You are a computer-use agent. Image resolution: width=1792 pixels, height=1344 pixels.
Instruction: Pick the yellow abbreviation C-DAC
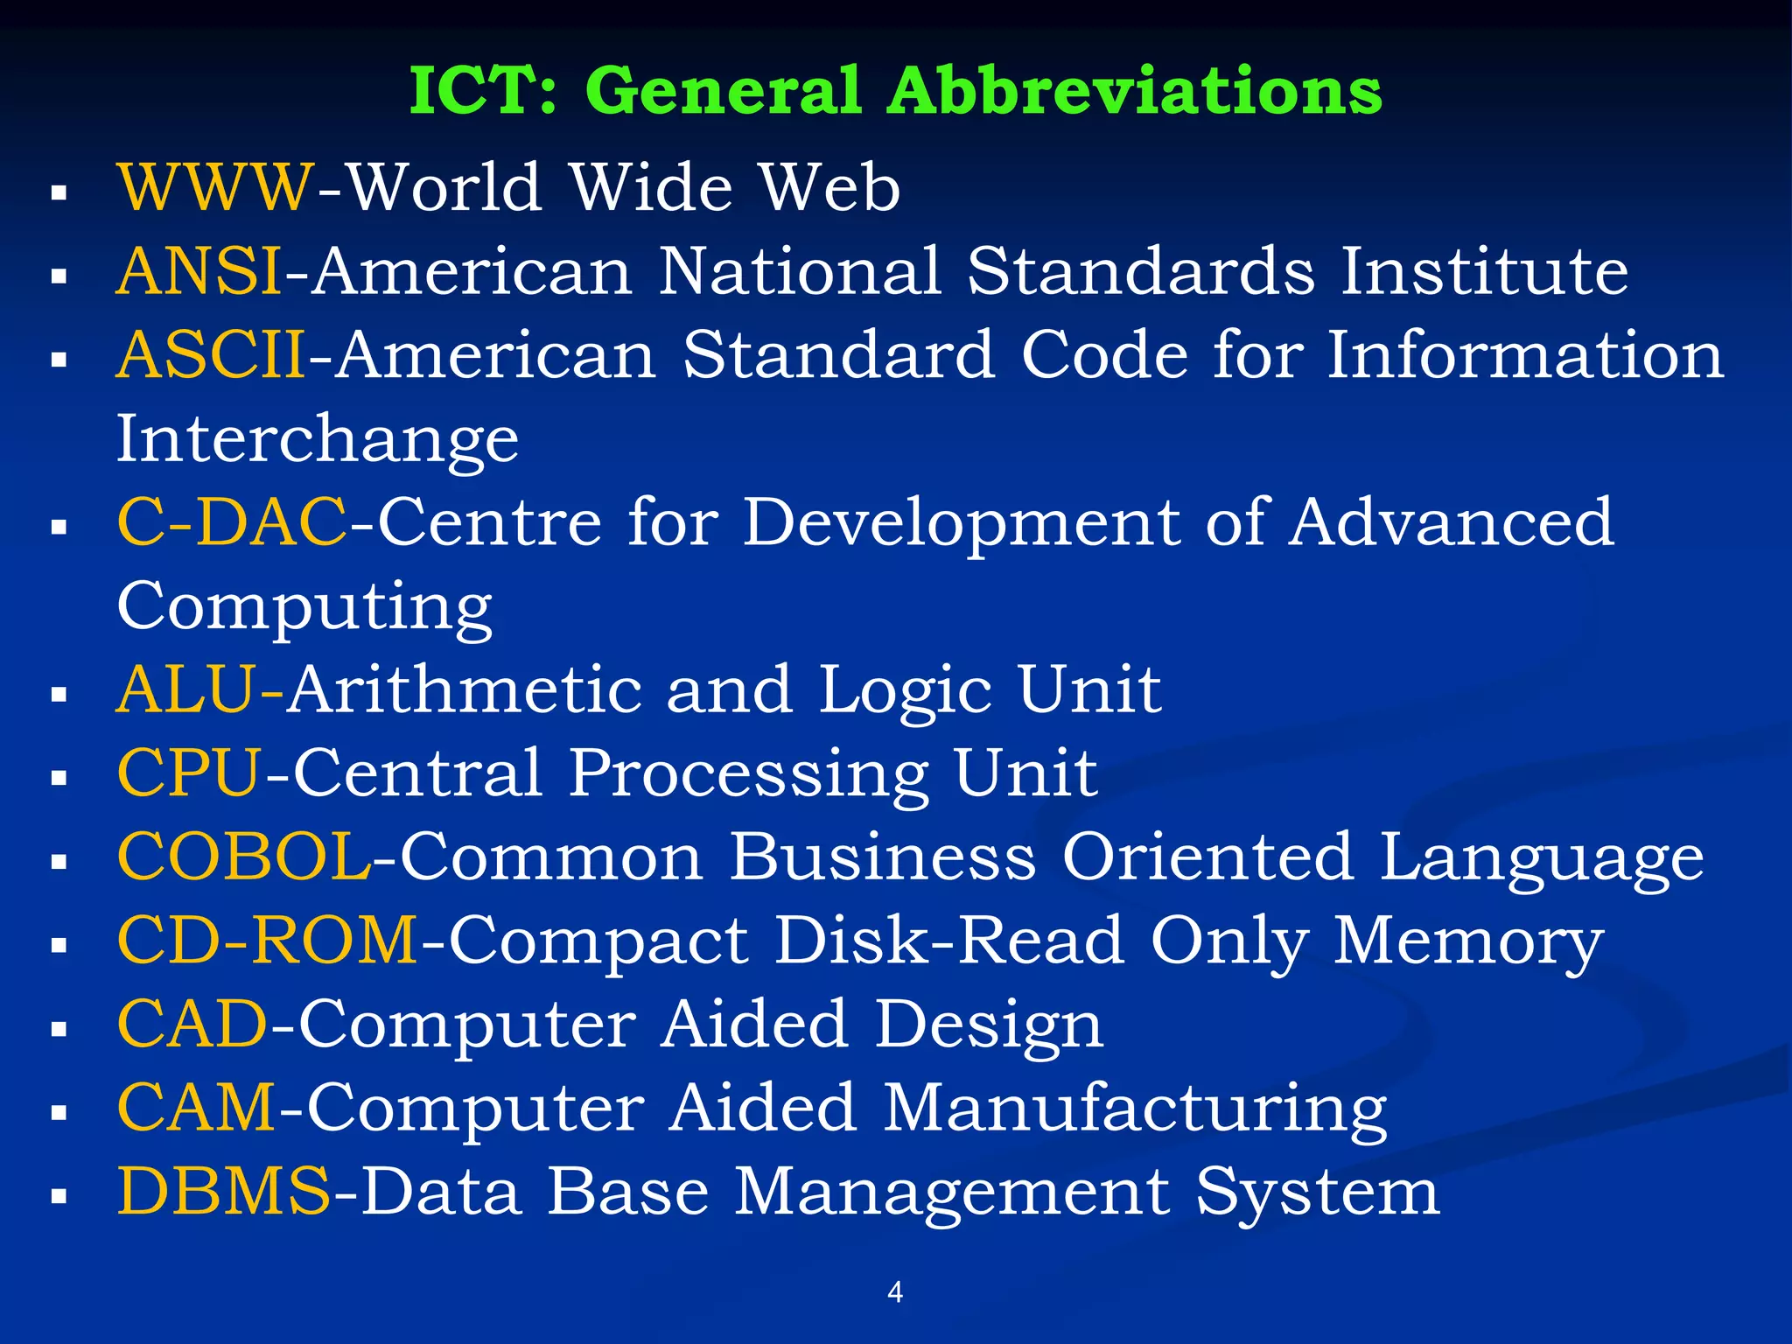(232, 521)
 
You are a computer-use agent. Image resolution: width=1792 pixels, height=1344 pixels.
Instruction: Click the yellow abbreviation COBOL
(244, 857)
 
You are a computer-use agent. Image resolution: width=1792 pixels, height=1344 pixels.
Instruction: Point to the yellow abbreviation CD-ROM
(268, 941)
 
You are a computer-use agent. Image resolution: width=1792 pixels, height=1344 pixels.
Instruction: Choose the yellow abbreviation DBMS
(225, 1192)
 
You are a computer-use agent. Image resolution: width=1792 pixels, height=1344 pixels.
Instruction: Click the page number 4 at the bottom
(895, 1291)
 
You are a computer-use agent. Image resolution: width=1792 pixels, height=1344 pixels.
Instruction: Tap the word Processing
(748, 773)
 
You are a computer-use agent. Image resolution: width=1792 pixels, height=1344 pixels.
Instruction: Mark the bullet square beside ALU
(59, 695)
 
